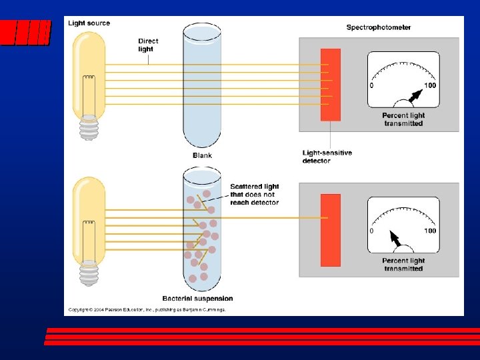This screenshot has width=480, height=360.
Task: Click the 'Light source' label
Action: (89, 23)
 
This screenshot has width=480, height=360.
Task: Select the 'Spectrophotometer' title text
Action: (378, 27)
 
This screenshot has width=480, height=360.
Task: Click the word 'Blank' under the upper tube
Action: (202, 155)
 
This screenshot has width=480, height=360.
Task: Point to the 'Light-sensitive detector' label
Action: (327, 157)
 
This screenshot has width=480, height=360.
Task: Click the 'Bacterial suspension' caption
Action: (197, 299)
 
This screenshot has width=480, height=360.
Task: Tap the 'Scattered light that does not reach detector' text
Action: (254, 194)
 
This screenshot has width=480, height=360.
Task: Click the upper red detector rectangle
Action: (330, 85)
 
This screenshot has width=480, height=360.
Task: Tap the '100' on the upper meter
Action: (430, 85)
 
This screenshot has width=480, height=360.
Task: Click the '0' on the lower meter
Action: (372, 231)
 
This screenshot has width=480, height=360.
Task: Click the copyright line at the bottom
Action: (147, 310)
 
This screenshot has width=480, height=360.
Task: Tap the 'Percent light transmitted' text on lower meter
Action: (403, 265)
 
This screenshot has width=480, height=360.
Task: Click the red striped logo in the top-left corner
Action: (25, 31)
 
